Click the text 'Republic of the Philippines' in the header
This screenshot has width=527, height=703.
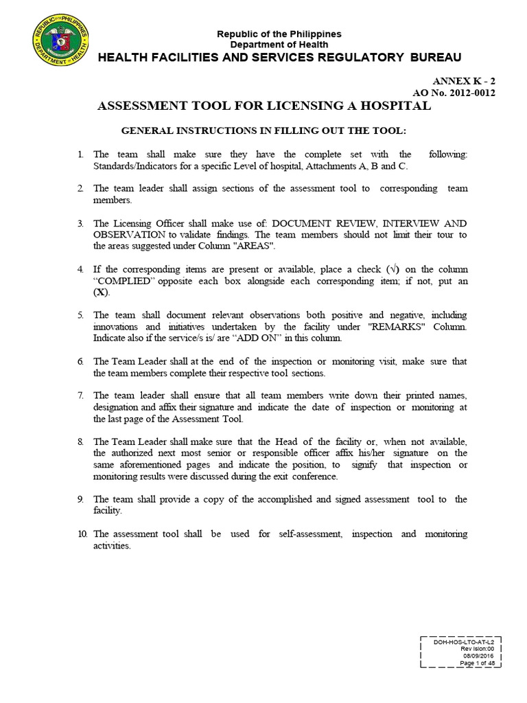click(279, 34)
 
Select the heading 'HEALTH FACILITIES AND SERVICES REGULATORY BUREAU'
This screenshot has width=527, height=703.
click(279, 57)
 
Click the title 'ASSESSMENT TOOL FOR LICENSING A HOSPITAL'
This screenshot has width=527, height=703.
click(265, 106)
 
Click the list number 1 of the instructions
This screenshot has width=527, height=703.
click(80, 155)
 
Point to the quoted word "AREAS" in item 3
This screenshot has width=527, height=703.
click(254, 245)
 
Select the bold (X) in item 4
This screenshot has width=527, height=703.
click(101, 292)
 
